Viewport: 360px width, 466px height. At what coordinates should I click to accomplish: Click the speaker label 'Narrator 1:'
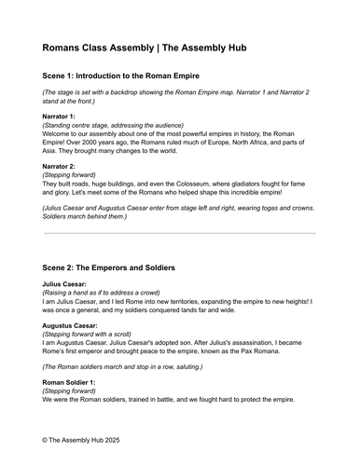click(x=61, y=116)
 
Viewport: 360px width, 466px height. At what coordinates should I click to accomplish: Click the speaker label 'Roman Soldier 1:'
click(x=74, y=382)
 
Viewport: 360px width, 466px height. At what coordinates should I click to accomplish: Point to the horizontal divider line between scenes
click(x=179, y=233)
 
